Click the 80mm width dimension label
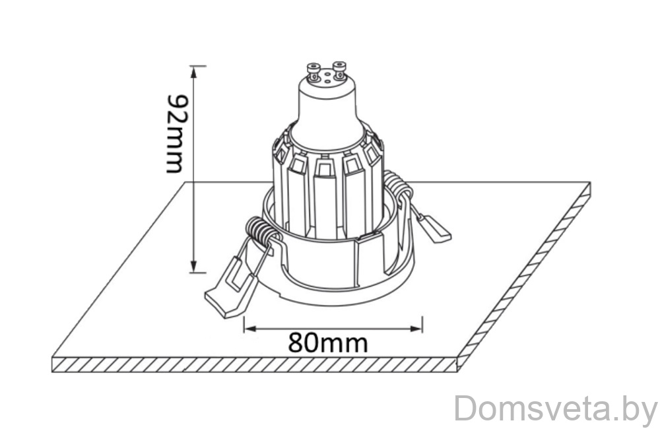(328, 343)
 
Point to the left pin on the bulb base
(313, 71)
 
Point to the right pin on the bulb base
(340, 70)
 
